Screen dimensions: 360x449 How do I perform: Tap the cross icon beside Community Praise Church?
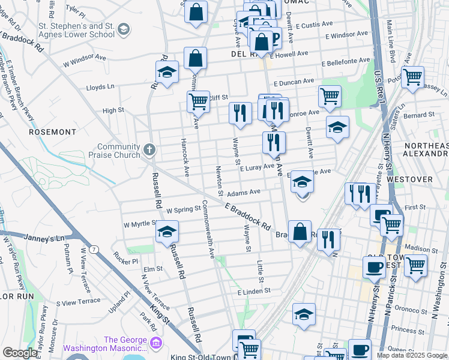point(149,148)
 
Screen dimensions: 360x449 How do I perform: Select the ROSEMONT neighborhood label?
point(53,131)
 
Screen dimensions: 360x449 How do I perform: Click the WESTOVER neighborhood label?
point(427,179)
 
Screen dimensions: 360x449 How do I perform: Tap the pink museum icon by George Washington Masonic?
point(156,343)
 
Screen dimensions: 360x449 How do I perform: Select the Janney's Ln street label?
point(44,238)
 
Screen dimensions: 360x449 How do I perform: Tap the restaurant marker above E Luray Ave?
point(274,142)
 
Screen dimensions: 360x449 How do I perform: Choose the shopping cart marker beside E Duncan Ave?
point(330,95)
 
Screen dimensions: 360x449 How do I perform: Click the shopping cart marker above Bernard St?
point(412,77)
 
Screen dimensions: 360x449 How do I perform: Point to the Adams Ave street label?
point(243,193)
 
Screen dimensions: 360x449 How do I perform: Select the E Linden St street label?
point(254,291)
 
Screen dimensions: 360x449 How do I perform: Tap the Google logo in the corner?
point(20,353)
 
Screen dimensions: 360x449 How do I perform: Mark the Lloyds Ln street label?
point(100,87)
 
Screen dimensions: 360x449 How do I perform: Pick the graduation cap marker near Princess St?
point(304,314)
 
